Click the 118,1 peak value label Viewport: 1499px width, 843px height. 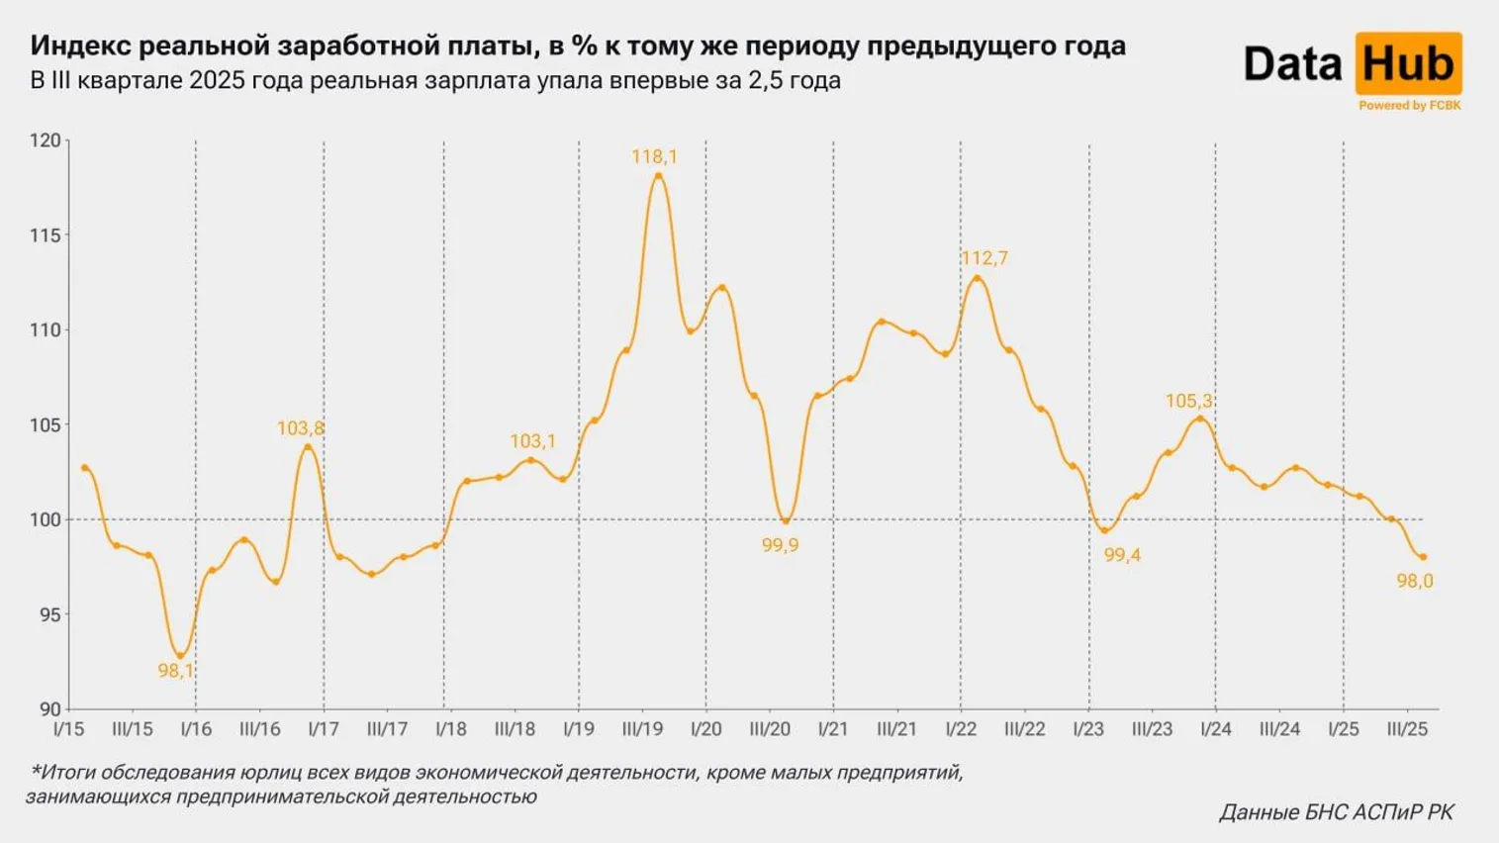(654, 156)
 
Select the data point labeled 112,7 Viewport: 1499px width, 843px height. (978, 278)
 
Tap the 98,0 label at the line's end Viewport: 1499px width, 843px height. (1414, 581)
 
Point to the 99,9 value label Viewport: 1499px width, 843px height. (780, 545)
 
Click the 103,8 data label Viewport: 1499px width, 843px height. (300, 428)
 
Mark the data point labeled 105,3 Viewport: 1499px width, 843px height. (1200, 419)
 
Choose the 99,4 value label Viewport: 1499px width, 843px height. (1122, 555)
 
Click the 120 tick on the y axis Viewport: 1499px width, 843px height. (45, 140)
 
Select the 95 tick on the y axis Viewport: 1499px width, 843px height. (49, 614)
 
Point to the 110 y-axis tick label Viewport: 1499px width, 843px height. (45, 330)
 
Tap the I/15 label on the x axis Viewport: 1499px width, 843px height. (68, 729)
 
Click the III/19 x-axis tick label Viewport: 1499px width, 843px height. (642, 729)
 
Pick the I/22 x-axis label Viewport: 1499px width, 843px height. (961, 729)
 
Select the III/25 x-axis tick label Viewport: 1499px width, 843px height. (1407, 729)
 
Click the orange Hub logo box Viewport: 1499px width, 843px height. (1408, 64)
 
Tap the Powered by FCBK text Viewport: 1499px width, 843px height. (1409, 105)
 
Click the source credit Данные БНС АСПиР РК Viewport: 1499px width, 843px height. (1336, 812)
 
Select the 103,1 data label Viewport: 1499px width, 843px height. (532, 441)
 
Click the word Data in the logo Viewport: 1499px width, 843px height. (1292, 64)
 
